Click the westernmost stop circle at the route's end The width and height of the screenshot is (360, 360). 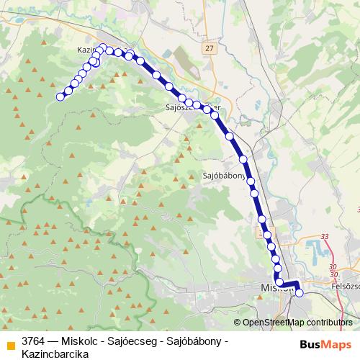[x=60, y=96]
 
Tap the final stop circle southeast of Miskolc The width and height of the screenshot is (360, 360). [x=299, y=293]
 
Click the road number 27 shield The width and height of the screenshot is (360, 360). [x=209, y=48]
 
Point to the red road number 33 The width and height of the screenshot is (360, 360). [x=325, y=236]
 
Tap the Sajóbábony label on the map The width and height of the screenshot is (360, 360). [x=225, y=175]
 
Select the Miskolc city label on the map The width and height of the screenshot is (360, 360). [x=271, y=288]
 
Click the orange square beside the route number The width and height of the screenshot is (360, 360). [x=10, y=343]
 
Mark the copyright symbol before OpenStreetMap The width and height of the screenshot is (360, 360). [x=237, y=323]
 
